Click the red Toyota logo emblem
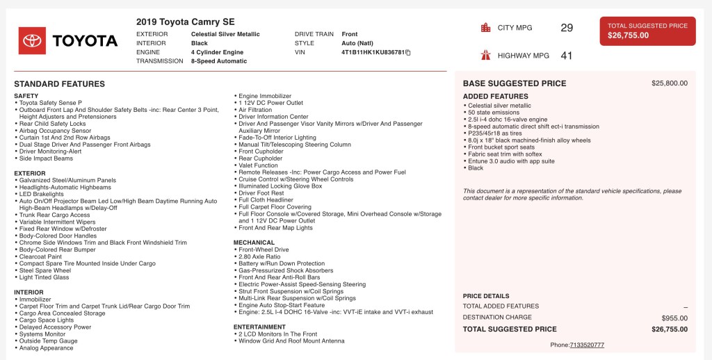pyautogui.click(x=32, y=41)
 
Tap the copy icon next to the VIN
pyautogui.click(x=408, y=52)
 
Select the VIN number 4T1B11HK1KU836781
pyautogui.click(x=373, y=52)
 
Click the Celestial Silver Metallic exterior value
pyautogui.click(x=225, y=34)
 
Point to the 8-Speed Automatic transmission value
pyautogui.click(x=218, y=61)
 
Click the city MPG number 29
pyautogui.click(x=567, y=28)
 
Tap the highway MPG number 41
pyautogui.click(x=567, y=56)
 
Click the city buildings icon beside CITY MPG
pyautogui.click(x=485, y=28)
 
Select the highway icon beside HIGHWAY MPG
pyautogui.click(x=485, y=56)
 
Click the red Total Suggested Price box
pyautogui.click(x=647, y=31)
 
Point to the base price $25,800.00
pyautogui.click(x=669, y=83)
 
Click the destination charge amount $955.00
pyautogui.click(x=674, y=318)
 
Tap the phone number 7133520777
pyautogui.click(x=587, y=345)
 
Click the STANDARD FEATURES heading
pyautogui.click(x=59, y=84)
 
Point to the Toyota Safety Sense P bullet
pyautogui.click(x=51, y=103)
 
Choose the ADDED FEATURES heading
pyautogui.click(x=496, y=97)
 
